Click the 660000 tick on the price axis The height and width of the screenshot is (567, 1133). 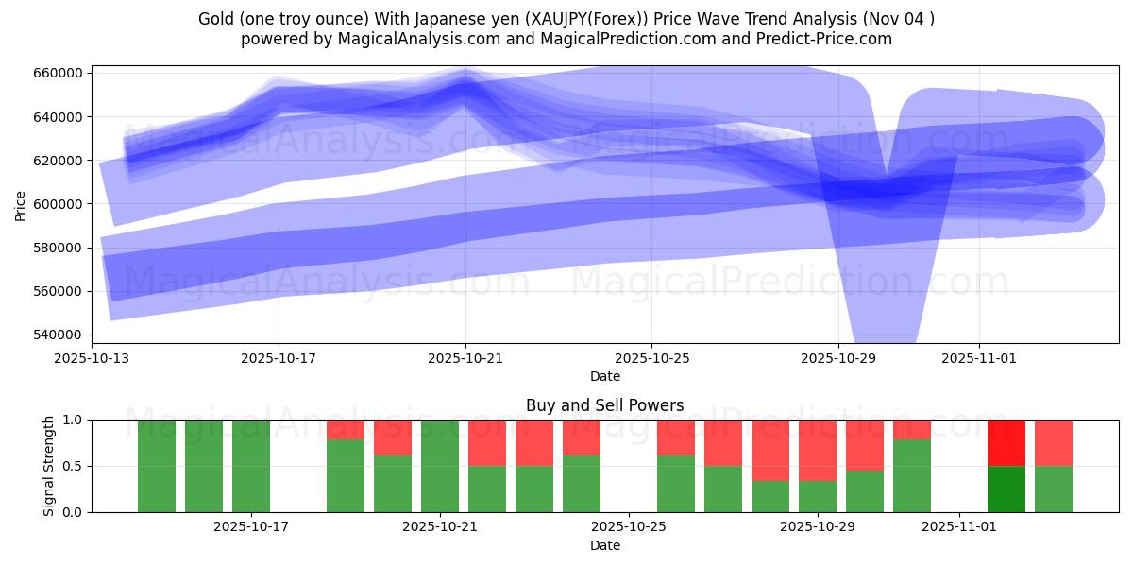coord(59,74)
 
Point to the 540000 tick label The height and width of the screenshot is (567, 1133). coord(59,335)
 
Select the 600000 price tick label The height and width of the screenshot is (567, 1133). coord(59,204)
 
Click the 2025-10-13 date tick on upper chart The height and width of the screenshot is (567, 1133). coord(92,359)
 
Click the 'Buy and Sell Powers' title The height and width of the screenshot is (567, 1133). coord(604,406)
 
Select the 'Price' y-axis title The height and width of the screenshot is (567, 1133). coord(21,204)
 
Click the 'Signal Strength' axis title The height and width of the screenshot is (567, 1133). coord(48,466)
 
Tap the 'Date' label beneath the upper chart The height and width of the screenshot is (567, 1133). coord(604,376)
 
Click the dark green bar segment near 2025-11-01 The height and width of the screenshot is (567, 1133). coord(1006,489)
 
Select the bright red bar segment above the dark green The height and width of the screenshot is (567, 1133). coord(1006,442)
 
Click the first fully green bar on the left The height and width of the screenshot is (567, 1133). coord(157,466)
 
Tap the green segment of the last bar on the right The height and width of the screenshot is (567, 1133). coord(1053,489)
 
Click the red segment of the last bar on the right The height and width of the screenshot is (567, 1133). coord(1053,442)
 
